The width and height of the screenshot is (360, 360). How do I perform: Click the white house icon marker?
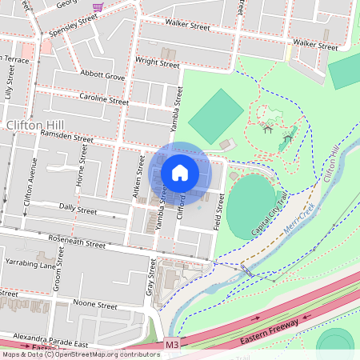pyautogui.click(x=180, y=172)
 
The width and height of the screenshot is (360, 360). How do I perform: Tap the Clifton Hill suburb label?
pyautogui.click(x=36, y=126)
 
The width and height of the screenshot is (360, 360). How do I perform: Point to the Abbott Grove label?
pyautogui.click(x=103, y=77)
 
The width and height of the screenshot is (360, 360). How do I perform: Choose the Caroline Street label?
pyautogui.click(x=104, y=100)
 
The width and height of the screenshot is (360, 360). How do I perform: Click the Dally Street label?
pyautogui.click(x=78, y=210)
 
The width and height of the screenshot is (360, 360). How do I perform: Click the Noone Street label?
pyautogui.click(x=94, y=305)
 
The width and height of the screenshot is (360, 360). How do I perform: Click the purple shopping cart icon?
pyautogui.click(x=98, y=6)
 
